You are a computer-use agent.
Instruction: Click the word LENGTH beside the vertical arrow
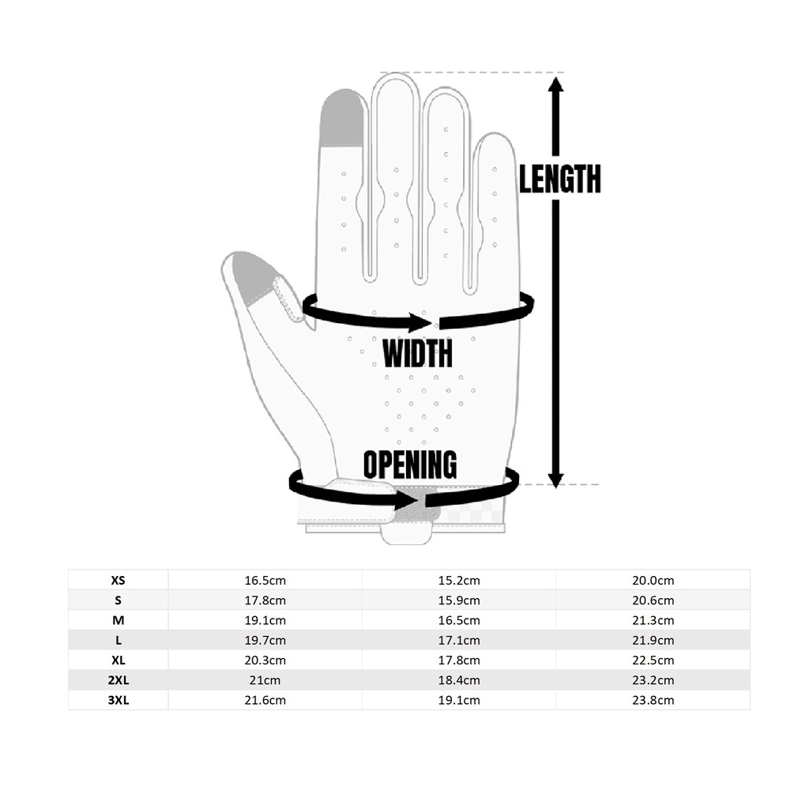coord(560,179)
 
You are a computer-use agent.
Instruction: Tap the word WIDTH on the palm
coord(417,353)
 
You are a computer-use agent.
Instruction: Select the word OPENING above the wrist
coord(410,464)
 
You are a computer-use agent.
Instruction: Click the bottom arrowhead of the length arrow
coord(555,480)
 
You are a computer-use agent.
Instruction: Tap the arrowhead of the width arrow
coord(420,323)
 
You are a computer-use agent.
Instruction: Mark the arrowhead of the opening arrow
coord(407,499)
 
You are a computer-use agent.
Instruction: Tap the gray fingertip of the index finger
coord(342,117)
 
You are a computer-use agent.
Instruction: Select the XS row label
coord(119,580)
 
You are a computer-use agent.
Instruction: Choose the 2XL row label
coord(119,680)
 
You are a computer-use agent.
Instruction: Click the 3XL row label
coord(119,700)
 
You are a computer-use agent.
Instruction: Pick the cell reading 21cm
coord(265,680)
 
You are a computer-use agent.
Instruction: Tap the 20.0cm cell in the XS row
coord(653,580)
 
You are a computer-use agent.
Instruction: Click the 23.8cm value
coord(653,700)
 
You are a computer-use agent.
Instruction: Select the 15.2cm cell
coord(459,580)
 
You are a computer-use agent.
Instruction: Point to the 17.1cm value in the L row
coord(459,640)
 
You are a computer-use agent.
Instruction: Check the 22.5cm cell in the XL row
coord(653,660)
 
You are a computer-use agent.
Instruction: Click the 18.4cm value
coord(459,680)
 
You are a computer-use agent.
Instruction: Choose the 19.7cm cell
coord(265,640)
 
